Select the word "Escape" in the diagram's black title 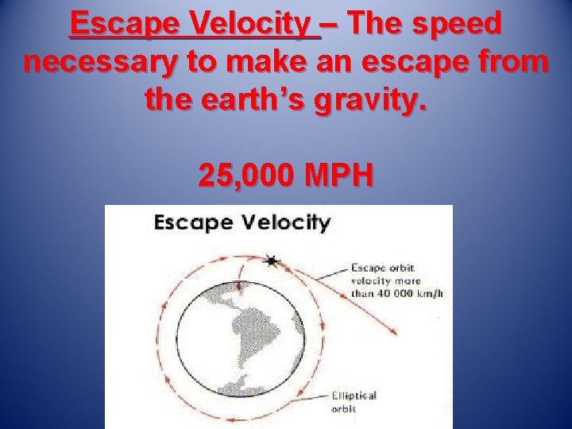pyautogui.click(x=191, y=222)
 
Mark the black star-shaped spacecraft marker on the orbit pyautogui.click(x=272, y=261)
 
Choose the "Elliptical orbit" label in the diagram pyautogui.click(x=350, y=401)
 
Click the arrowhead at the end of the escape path pyautogui.click(x=395, y=334)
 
